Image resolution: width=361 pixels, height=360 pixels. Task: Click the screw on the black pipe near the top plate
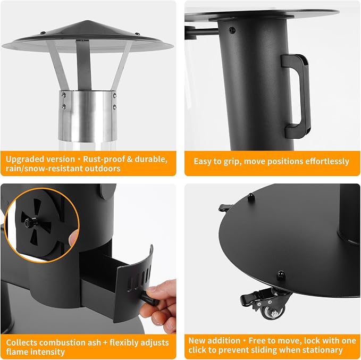click(232, 30)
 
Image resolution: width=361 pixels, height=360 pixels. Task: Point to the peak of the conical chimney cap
click(87, 21)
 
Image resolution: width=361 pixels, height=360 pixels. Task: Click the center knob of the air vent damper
click(29, 222)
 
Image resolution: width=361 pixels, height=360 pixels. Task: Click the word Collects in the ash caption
click(21, 342)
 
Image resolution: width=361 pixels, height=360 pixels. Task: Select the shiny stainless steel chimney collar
click(87, 116)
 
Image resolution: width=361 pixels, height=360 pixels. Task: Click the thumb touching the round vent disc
click(73, 237)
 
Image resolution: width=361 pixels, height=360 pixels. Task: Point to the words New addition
click(214, 340)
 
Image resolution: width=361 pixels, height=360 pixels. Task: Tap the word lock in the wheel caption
click(312, 340)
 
